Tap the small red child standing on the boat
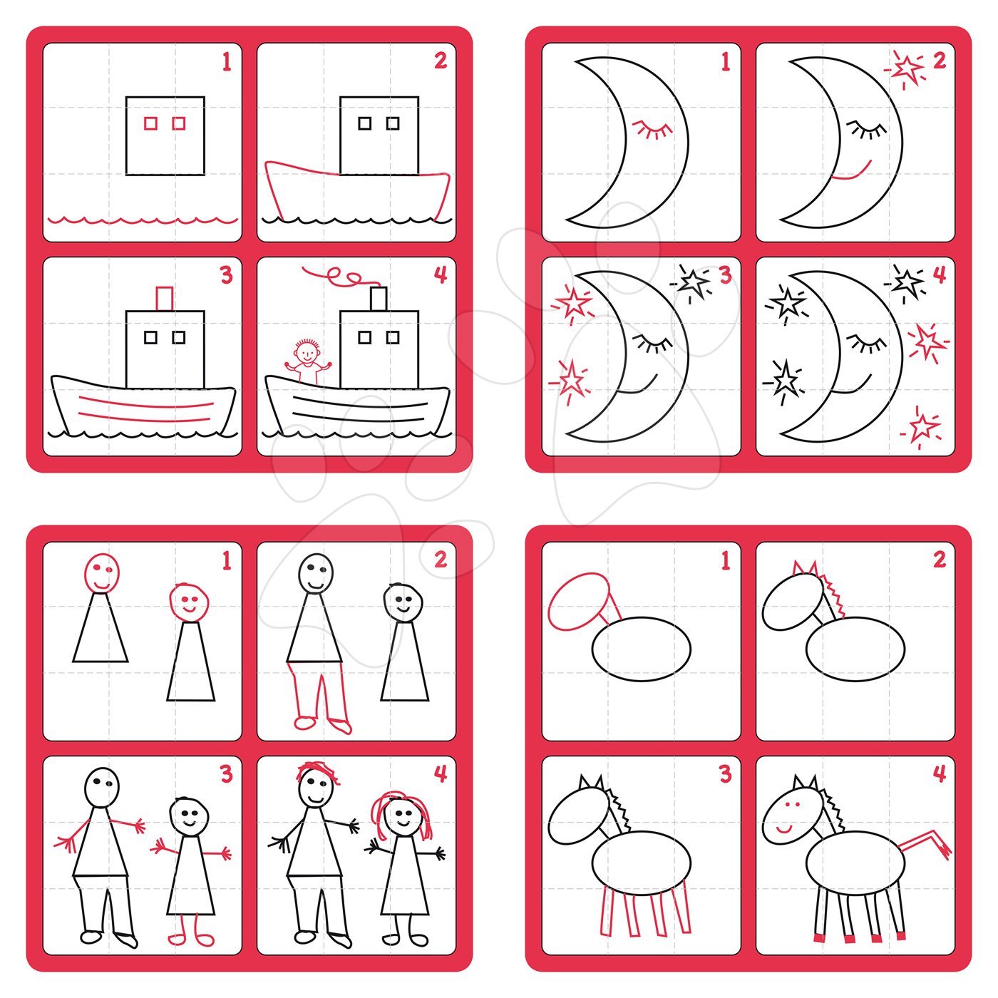pos(307,361)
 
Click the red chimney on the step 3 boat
pos(164,298)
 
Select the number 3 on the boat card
pos(226,275)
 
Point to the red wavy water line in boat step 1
pos(143,220)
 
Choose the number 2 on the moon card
pos(940,61)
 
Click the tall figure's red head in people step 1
pos(101,573)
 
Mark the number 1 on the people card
pos(226,561)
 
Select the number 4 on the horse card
pos(940,773)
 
